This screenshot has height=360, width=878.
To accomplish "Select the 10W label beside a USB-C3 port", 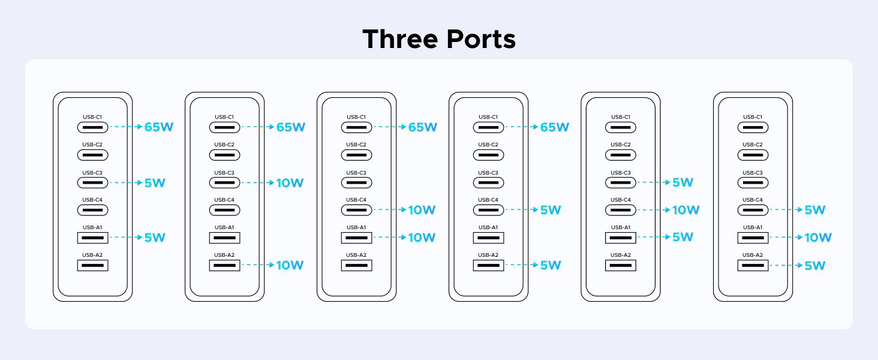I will (x=290, y=183).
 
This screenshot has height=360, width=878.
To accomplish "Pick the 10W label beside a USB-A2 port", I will (x=290, y=265).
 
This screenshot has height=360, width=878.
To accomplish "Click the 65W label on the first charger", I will (x=159, y=127).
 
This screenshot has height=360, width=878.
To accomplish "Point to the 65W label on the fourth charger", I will (x=555, y=127).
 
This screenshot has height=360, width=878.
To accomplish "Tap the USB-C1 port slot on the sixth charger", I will (x=753, y=127).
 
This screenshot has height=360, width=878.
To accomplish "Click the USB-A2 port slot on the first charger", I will (x=92, y=265).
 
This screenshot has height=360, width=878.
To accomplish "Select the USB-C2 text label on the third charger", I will (x=356, y=145).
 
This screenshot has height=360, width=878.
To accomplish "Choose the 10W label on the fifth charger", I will (x=686, y=210).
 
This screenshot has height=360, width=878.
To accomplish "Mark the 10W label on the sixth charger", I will (x=818, y=238).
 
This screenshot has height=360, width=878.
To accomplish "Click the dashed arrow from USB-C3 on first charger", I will (x=125, y=182).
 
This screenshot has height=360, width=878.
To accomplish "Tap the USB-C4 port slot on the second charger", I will (x=224, y=210).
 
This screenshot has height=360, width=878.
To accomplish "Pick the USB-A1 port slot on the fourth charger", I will (x=488, y=238).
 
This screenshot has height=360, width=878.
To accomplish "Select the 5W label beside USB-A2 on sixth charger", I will (x=815, y=265).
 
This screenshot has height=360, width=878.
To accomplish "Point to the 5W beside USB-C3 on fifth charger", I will (x=683, y=182).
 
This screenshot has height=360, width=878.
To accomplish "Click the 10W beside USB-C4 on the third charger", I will (x=422, y=210).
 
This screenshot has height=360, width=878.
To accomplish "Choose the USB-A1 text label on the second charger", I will (x=224, y=227).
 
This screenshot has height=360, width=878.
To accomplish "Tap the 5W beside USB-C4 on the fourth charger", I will (x=551, y=210).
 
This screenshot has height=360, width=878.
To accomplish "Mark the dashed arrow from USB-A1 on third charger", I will (x=389, y=238).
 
